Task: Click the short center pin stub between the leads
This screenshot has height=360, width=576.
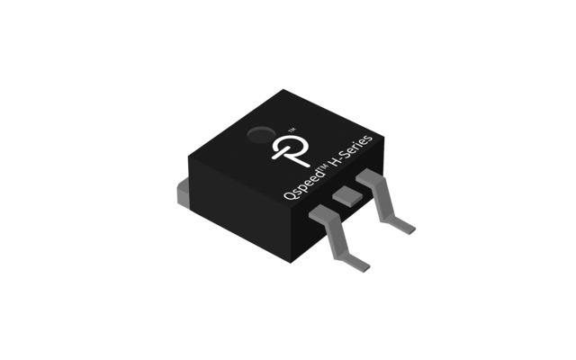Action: point(343,195)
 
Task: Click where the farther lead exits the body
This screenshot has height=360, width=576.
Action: point(367,181)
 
